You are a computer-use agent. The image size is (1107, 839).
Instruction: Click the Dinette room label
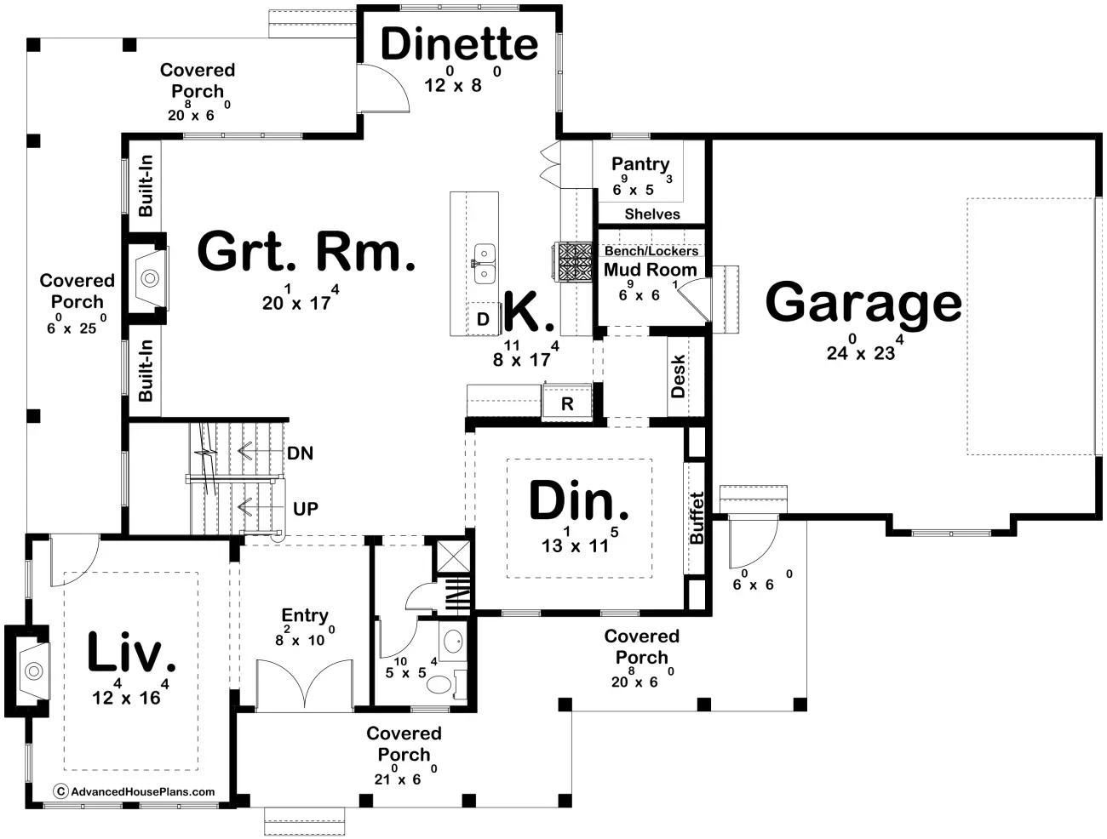click(x=460, y=44)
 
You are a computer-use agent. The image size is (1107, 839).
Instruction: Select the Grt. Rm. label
click(x=306, y=251)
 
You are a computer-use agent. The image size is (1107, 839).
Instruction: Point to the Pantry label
click(x=640, y=164)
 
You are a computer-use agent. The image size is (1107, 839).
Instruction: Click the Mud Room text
click(x=651, y=270)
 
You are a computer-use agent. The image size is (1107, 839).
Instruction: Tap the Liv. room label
click(x=131, y=653)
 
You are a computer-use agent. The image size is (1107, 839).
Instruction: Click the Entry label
click(x=305, y=616)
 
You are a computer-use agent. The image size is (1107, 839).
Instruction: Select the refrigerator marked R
click(x=567, y=402)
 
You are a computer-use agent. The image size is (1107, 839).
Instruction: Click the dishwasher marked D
click(x=483, y=319)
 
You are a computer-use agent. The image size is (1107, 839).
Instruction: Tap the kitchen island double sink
click(x=485, y=264)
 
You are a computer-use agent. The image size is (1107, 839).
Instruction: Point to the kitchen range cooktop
click(x=573, y=262)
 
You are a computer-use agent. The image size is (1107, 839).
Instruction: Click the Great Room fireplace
click(x=149, y=277)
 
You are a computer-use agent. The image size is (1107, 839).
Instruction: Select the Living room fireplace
click(x=32, y=671)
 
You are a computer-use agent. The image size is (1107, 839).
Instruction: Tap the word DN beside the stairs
click(x=300, y=453)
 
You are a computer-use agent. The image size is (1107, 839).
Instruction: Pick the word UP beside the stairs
click(x=306, y=509)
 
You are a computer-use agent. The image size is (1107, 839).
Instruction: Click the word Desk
click(x=678, y=376)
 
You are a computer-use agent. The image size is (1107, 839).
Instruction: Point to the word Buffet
click(x=696, y=518)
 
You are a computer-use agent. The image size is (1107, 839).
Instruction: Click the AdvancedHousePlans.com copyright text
click(x=135, y=791)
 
